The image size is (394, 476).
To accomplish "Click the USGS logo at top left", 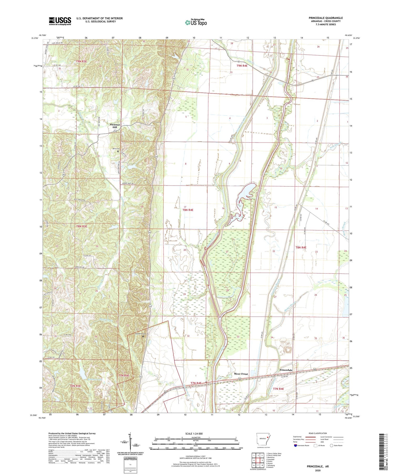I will [60, 21].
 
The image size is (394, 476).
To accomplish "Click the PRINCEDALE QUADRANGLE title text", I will [322, 18].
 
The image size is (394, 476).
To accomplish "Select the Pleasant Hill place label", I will [115, 126].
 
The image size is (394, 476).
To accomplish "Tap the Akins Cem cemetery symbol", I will [118, 151].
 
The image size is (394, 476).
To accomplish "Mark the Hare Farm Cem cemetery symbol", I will [143, 337].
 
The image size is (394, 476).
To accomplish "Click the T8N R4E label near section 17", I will [188, 210].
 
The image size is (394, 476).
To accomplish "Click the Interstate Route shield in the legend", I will [295, 446].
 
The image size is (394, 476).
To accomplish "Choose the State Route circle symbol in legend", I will [331, 446].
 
